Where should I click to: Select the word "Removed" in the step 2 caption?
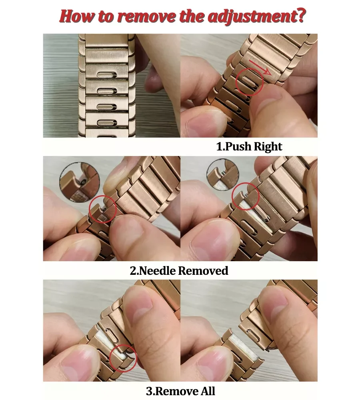pos(203,271)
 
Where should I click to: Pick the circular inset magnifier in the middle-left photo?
pos(79,182)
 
